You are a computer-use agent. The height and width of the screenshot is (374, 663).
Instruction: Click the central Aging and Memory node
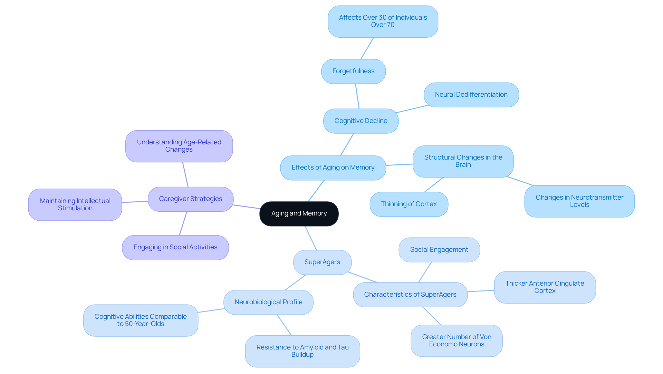click(x=299, y=214)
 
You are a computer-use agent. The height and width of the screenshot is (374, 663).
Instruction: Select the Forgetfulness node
click(x=353, y=71)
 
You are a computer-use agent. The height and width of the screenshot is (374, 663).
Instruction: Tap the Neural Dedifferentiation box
click(x=471, y=95)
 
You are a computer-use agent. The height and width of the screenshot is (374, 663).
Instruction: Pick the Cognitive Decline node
click(x=361, y=121)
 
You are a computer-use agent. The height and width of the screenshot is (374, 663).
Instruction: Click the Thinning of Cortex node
click(x=409, y=204)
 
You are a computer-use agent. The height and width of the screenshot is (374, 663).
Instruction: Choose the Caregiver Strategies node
click(x=190, y=199)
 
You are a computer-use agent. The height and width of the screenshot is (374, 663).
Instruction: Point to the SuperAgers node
click(x=322, y=262)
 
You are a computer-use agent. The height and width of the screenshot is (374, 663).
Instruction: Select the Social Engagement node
click(x=439, y=250)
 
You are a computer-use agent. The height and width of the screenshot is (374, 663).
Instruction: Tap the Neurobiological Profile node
click(x=268, y=302)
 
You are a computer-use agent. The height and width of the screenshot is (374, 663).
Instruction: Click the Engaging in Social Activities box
click(x=175, y=247)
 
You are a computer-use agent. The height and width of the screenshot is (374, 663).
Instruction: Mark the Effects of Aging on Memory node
click(x=333, y=167)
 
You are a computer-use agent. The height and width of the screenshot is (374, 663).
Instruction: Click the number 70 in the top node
click(x=390, y=25)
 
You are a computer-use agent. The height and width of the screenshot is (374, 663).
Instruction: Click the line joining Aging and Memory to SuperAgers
click(x=310, y=238)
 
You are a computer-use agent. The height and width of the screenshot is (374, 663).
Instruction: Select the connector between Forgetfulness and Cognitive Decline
click(x=357, y=96)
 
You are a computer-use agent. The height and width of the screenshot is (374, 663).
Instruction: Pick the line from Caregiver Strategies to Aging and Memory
click(x=246, y=207)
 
